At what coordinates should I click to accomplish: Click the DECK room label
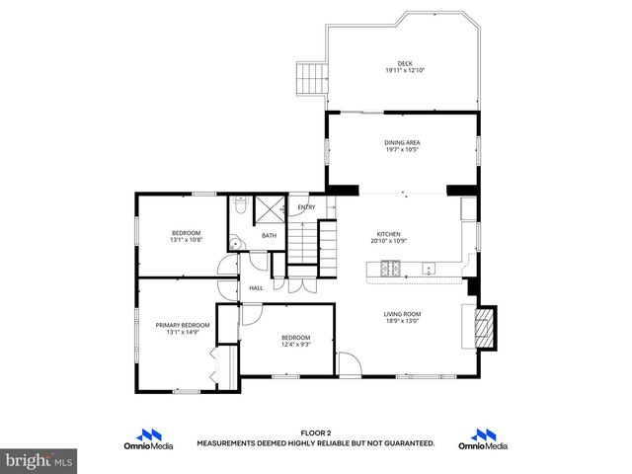coord(404,63)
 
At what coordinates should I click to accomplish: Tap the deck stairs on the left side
coord(311,77)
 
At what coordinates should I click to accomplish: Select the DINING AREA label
coord(402,142)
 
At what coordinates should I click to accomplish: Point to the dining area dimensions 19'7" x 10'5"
coord(402,150)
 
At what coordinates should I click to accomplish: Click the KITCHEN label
coord(388,234)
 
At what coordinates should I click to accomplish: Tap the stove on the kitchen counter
coord(389,267)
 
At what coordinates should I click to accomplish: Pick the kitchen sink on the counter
coord(429,268)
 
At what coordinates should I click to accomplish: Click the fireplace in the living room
coord(484,326)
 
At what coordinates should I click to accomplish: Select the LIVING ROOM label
coord(402,314)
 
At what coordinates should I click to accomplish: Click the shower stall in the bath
coord(269,211)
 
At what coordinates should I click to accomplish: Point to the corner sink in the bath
coord(235,243)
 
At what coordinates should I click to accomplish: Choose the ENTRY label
coord(307,207)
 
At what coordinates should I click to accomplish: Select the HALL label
coord(256,287)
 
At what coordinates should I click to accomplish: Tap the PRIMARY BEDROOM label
coord(183,325)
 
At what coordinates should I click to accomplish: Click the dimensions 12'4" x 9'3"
coord(296,345)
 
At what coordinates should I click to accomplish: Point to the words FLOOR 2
coord(315,433)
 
